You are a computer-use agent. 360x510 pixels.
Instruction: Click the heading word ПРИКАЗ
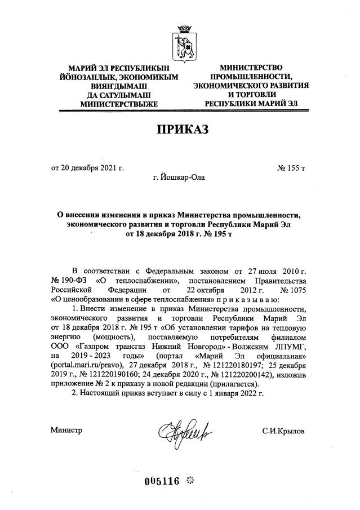tap(182, 130)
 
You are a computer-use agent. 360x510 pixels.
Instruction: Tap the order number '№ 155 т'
tap(291, 168)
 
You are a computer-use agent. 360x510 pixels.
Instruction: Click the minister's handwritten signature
tap(182, 432)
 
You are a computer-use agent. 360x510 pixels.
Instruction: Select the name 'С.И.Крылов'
tap(283, 431)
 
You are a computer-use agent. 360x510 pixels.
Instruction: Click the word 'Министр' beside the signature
tap(66, 431)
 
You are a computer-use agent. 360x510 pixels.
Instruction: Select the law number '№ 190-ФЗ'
tap(70, 281)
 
